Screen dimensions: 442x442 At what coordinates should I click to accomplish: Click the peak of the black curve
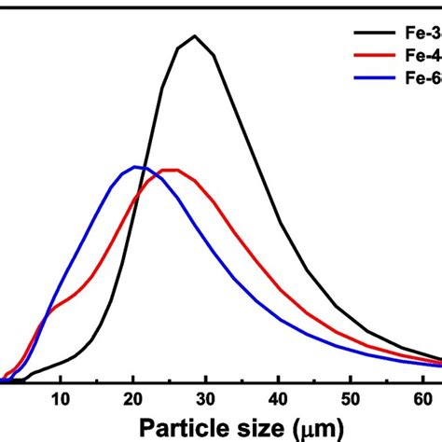tap(194, 36)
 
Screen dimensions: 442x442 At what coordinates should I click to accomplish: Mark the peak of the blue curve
tap(136, 167)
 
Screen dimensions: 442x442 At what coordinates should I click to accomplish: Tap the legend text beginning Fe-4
tap(423, 57)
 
